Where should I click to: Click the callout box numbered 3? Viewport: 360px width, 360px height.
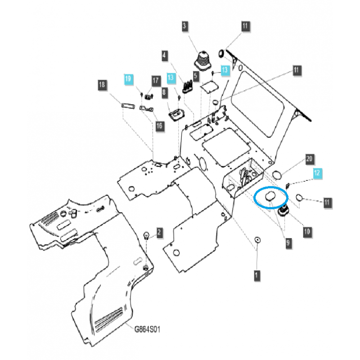pos(184,27)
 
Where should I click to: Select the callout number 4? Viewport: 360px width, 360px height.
pos(165,56)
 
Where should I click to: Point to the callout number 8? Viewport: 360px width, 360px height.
pos(164,92)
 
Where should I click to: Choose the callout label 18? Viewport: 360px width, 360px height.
pos(102,85)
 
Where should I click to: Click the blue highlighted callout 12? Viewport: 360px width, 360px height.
pos(318,173)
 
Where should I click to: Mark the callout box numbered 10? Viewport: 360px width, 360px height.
pos(307,232)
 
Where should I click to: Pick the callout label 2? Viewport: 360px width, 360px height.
pos(159,232)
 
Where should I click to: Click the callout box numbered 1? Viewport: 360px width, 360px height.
pos(256,274)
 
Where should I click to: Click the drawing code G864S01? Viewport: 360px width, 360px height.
pos(147,329)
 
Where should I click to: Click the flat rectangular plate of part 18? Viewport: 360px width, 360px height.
pos(127,106)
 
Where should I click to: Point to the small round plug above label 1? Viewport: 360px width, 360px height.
pos(257,240)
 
